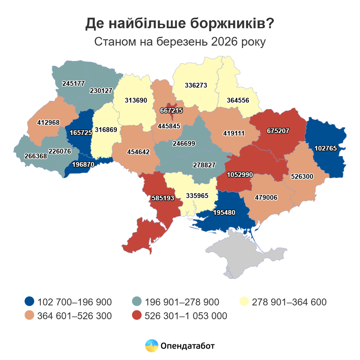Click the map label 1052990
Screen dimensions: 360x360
tap(240, 175)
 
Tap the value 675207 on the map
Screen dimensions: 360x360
tap(278, 131)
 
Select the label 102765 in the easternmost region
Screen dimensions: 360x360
tap(325, 148)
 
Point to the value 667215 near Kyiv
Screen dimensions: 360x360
tap(171, 110)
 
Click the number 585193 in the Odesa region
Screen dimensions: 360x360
tap(163, 198)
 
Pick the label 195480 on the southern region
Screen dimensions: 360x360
tap(224, 212)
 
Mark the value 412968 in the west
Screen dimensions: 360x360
tap(48, 122)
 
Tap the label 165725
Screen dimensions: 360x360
tap(81, 132)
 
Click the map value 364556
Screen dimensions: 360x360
tap(238, 100)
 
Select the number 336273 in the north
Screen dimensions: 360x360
tap(196, 85)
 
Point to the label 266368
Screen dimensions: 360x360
tap(36, 156)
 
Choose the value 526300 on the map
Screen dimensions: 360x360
tap(302, 176)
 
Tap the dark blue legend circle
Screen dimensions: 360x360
tap(29, 301)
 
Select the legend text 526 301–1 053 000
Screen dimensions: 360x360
tap(186, 316)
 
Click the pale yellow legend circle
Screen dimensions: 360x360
tap(244, 301)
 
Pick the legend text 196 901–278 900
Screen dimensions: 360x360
tap(182, 302)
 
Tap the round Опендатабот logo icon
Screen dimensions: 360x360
tap(151, 346)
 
